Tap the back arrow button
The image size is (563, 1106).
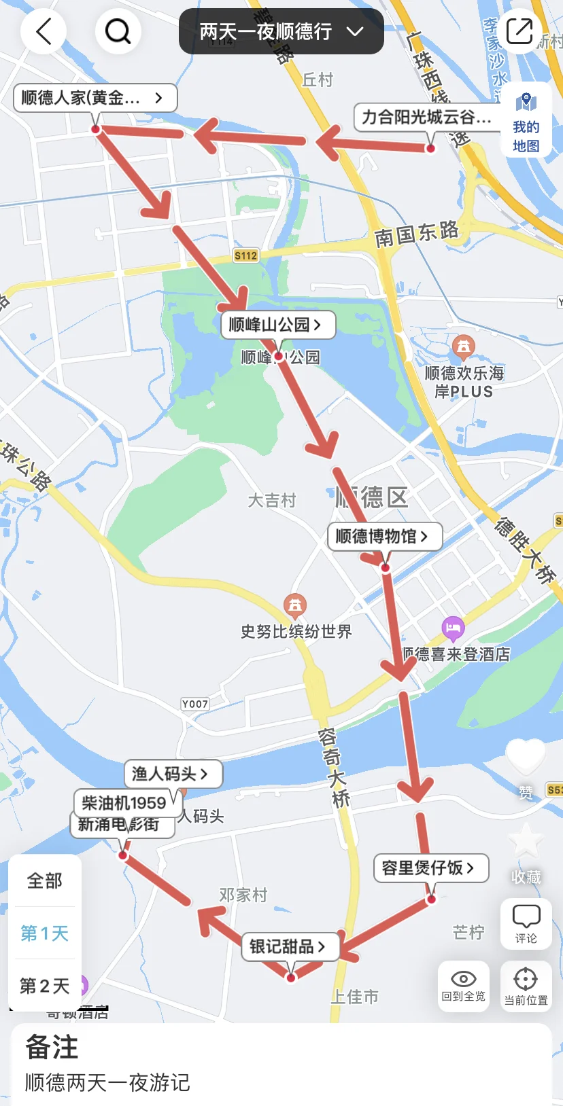(44, 31)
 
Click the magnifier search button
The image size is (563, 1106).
(118, 31)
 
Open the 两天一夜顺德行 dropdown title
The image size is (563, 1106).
(281, 31)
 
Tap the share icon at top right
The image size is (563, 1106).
(519, 31)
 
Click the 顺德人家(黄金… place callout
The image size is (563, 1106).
(95, 98)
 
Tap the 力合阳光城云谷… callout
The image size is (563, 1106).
(426, 117)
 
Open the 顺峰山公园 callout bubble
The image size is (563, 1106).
(277, 325)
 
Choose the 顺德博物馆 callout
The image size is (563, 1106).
(384, 536)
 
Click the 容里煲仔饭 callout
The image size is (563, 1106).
(430, 868)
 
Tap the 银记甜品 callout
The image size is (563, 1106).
(290, 946)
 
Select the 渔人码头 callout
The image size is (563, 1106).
(173, 773)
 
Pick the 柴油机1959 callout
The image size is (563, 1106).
(124, 803)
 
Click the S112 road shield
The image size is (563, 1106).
(245, 255)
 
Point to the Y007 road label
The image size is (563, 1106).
(194, 704)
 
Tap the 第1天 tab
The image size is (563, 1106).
(45, 933)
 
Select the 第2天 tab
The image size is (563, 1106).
(45, 986)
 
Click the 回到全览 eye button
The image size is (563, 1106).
(464, 986)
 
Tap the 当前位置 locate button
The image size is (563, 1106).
(526, 986)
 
